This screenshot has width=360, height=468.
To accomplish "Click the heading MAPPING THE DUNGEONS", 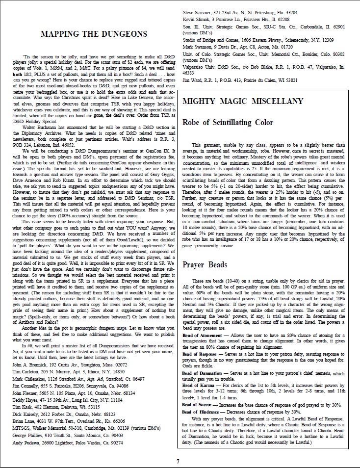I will (93, 34).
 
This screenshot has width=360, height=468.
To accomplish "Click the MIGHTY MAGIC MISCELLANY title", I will (243, 102).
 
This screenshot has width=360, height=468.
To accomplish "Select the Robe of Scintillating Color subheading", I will (228, 123).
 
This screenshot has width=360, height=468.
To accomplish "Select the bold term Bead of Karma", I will (196, 387).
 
